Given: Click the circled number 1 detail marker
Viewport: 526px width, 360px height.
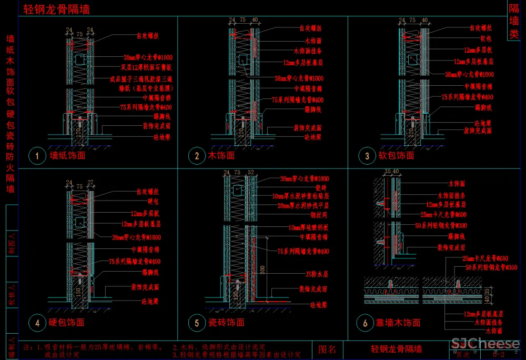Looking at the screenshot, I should pyautogui.click(x=37, y=156).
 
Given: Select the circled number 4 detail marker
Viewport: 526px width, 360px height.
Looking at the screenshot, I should pyautogui.click(x=37, y=323).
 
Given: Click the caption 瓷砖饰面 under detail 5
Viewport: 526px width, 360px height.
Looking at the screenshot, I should pyautogui.click(x=226, y=323).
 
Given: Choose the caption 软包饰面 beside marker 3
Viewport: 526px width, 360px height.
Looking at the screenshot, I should pyautogui.click(x=396, y=156).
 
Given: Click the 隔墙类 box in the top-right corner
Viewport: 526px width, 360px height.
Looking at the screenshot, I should pyautogui.click(x=514, y=22).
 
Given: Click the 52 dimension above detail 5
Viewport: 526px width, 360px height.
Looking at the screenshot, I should pyautogui.click(x=250, y=173).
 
